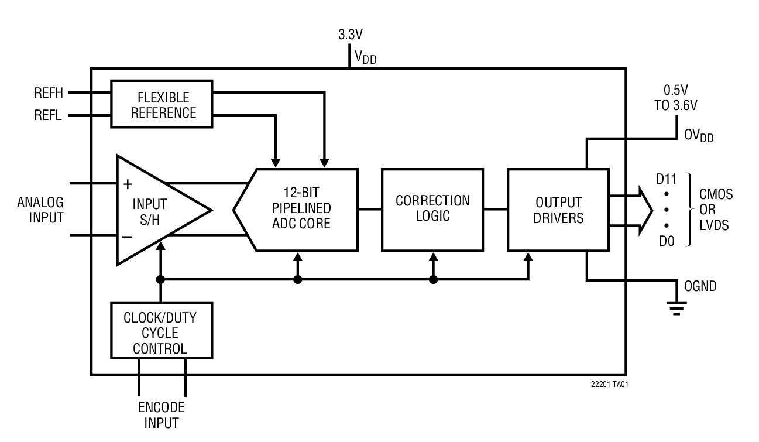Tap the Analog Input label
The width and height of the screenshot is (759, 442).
pyautogui.click(x=40, y=210)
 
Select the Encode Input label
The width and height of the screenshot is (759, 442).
pyautogui.click(x=161, y=415)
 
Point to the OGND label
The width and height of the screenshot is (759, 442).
pyautogui.click(x=700, y=286)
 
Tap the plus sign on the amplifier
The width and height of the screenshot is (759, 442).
pyautogui.click(x=128, y=184)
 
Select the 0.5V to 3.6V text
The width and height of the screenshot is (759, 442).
pyautogui.click(x=680, y=98)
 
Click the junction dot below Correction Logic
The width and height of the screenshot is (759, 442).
pyautogui.click(x=433, y=280)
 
